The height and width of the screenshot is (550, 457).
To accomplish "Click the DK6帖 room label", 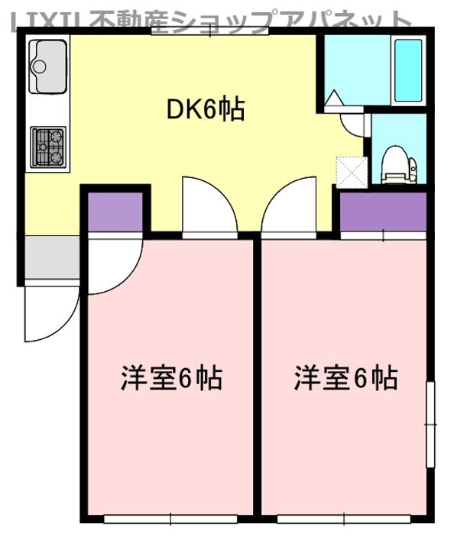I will point(206,111).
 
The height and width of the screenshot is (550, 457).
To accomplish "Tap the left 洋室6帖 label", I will point(172,378).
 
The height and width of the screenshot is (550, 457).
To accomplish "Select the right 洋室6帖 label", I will point(345,378).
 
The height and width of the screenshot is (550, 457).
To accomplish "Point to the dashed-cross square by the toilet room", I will point(351,170).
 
